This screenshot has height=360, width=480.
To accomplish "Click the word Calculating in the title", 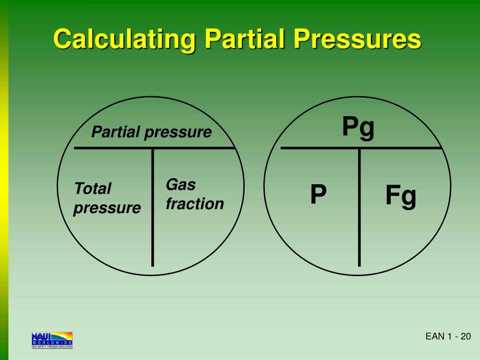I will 123,39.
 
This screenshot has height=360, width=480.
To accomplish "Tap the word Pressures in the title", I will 357,39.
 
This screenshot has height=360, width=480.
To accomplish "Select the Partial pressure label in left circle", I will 151,132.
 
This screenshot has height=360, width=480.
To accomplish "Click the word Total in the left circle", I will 92,189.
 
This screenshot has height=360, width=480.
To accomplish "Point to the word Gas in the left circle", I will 180,185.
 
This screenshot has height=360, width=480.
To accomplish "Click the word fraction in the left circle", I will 195,204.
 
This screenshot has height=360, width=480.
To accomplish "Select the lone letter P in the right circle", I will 318,195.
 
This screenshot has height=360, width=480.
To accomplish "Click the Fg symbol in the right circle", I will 401,196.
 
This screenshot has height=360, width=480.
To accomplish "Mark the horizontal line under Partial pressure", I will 155,148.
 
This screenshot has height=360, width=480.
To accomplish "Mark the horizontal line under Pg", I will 361,148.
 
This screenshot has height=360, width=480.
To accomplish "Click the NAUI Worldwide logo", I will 52,340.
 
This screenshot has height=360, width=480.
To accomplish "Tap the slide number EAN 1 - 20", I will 448,337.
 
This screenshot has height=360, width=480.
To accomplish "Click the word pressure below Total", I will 107,208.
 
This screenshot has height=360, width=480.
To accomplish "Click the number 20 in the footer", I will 465,337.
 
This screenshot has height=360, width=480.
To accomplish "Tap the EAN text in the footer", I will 434,337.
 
